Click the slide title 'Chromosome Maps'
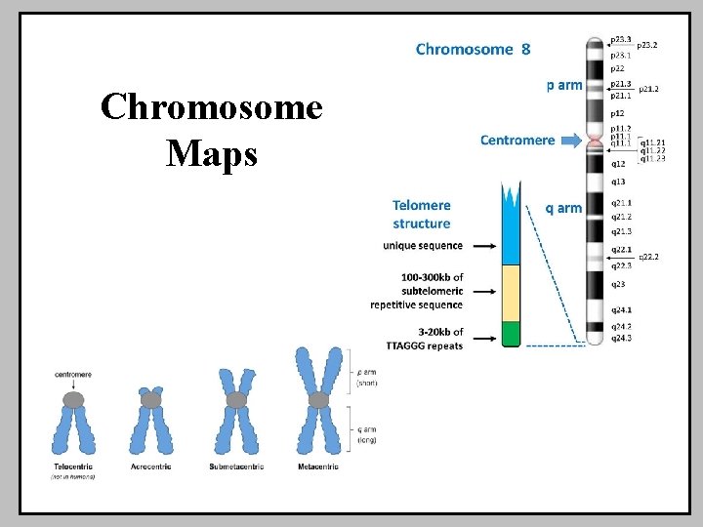coord(211,130)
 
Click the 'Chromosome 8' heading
coord(474,48)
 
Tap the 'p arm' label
coord(563,86)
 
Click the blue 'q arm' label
coord(562,208)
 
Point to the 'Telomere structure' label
coord(421,214)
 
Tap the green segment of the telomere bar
coord(512,334)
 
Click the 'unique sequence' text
coord(423,246)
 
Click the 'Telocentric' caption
coord(73,467)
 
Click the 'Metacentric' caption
coord(318,467)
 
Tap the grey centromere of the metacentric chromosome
coord(318,399)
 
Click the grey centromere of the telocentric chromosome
coord(73,399)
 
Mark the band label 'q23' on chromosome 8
coord(619,284)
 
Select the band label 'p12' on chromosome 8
coord(617,113)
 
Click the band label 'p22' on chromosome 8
coord(617,68)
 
